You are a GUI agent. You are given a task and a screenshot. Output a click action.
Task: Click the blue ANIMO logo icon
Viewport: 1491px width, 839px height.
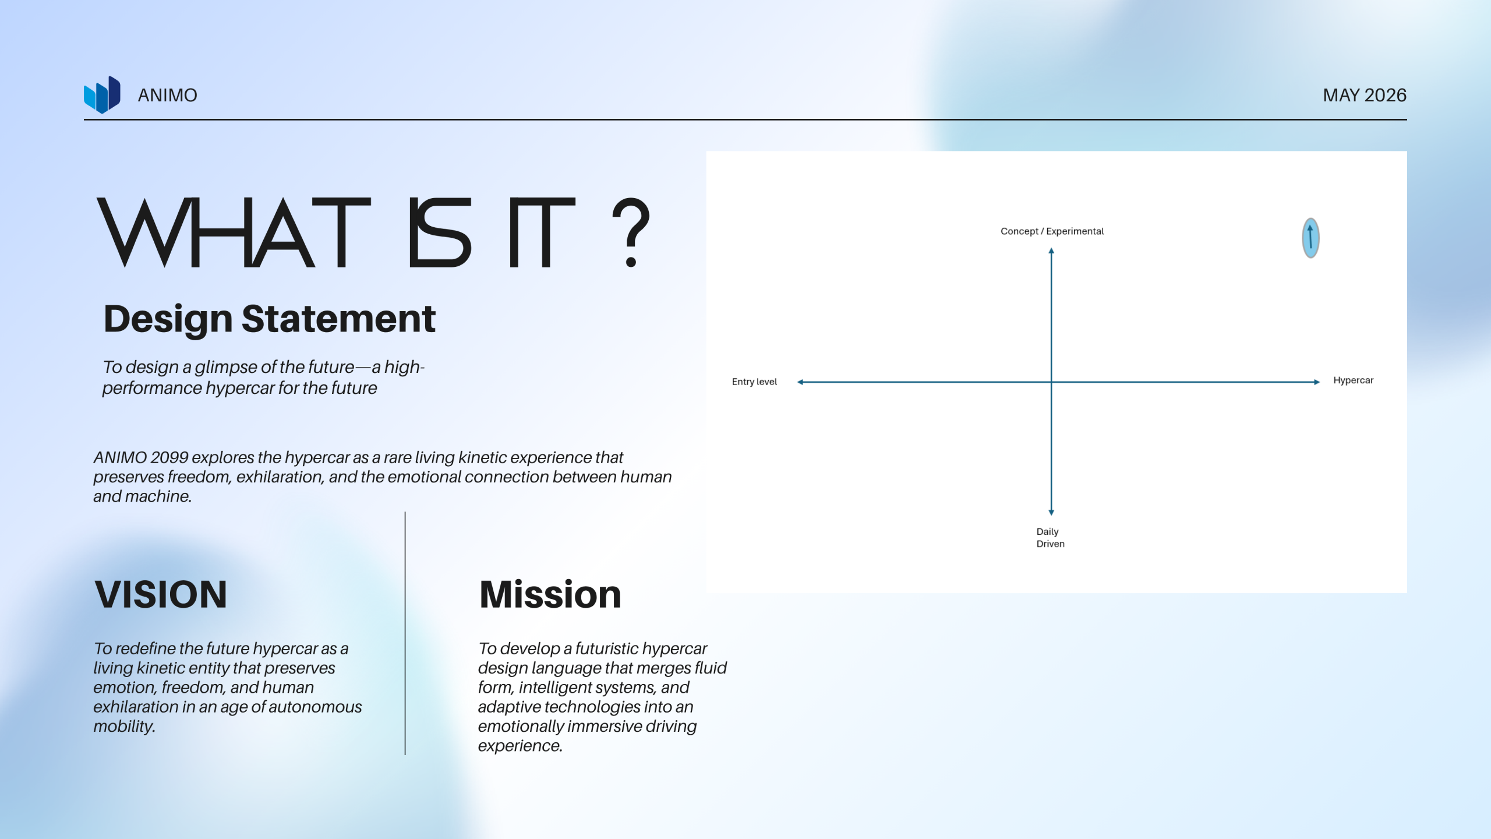coord(102,94)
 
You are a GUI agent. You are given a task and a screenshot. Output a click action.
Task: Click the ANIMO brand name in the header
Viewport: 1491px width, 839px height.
coord(167,95)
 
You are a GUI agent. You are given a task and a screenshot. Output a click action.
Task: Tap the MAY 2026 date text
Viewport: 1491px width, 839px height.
coord(1364,95)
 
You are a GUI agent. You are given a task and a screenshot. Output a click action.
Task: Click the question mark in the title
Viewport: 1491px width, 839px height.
coord(631,232)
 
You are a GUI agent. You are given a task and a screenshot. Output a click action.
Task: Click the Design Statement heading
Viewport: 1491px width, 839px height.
coord(269,319)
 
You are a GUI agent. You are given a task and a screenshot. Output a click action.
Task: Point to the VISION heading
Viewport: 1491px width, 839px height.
coord(160,594)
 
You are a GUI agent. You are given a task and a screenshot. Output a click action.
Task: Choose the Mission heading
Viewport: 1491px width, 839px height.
coord(550,594)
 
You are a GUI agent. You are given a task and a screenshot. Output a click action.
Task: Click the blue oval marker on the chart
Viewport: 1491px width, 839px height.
coord(1310,238)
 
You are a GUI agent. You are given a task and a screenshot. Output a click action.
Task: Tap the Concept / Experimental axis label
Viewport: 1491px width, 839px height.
coord(1052,231)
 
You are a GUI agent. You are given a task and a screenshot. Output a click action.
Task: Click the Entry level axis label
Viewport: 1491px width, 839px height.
coord(754,382)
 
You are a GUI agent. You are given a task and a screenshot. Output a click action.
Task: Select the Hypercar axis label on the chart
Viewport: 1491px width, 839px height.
coord(1353,380)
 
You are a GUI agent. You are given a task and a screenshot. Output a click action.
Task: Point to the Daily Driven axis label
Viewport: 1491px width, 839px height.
coord(1050,537)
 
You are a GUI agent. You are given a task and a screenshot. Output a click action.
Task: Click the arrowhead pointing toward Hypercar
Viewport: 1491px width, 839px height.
coord(1317,382)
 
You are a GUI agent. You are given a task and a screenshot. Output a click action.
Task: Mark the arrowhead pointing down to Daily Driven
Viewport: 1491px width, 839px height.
coord(1051,513)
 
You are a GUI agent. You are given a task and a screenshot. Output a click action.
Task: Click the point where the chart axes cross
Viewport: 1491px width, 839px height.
coord(1051,382)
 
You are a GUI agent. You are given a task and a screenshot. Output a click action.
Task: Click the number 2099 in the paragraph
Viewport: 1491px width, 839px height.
coord(169,457)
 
